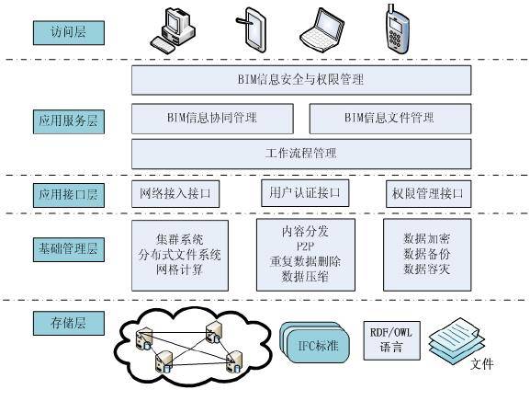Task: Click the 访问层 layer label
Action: pos(69,32)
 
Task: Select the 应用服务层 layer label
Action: pos(69,121)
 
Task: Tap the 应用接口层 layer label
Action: pos(69,195)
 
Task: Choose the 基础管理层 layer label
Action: pos(69,249)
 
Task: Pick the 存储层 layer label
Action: pos(69,324)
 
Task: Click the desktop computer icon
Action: pos(173,30)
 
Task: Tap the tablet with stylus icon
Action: pos(251,29)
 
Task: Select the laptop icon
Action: pos(322,29)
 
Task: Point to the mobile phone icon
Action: pos(397,29)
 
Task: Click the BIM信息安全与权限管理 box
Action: pos(301,80)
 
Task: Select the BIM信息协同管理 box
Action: pos(212,119)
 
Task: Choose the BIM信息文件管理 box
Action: pos(390,119)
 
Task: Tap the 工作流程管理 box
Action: pos(301,154)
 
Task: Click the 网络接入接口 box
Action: pos(175,194)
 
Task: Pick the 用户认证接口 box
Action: pos(305,193)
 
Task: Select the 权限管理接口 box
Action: pos(429,194)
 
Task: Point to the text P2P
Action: pos(305,246)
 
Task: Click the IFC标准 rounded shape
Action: pos(314,342)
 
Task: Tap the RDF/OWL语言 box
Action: pos(391,341)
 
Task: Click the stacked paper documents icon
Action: pos(457,340)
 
